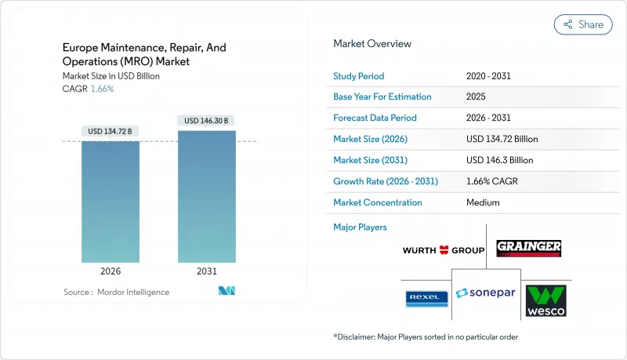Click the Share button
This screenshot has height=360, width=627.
pos(583,24)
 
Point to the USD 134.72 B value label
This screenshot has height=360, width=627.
pos(111,131)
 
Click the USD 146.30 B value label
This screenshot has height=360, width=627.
pos(207,121)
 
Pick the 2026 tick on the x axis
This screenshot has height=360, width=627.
pos(111,271)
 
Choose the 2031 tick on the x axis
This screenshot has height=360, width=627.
pos(207,271)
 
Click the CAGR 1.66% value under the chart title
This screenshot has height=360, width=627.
pos(102,89)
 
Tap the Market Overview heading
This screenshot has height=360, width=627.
pos(372,44)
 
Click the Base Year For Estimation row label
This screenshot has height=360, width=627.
pos(382,97)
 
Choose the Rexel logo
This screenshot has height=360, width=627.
pos(426,299)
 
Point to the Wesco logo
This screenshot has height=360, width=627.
pos(545,300)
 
